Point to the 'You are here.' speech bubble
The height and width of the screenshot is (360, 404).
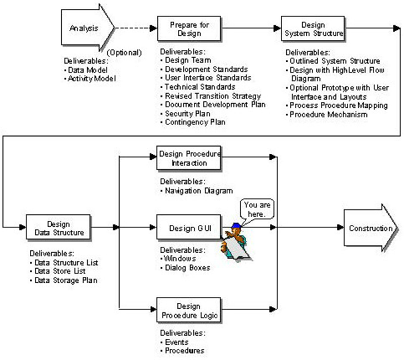[258, 210]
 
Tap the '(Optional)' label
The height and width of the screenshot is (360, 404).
[126, 52]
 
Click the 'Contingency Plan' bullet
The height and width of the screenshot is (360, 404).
[197, 122]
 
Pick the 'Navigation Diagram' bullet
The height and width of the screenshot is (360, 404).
[201, 191]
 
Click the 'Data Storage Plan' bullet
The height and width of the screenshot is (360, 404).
[68, 280]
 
